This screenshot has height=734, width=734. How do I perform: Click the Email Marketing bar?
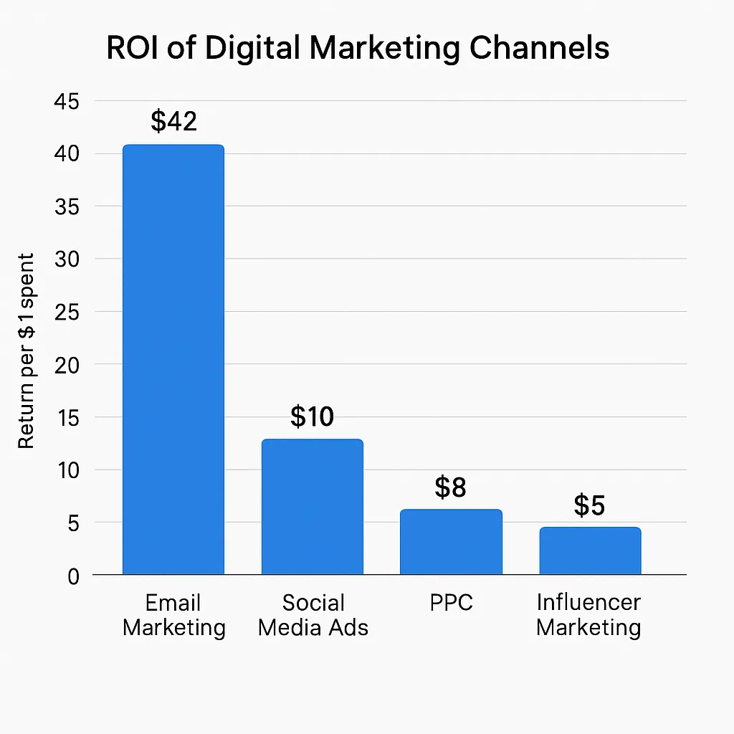click(173, 358)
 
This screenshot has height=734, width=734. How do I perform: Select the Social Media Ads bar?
click(313, 507)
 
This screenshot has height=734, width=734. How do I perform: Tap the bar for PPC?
click(451, 542)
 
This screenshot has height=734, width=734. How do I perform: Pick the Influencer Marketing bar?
click(590, 550)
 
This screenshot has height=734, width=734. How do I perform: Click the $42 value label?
click(173, 121)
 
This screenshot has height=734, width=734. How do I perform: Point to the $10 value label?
click(313, 416)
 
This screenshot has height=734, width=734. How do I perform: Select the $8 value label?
click(451, 487)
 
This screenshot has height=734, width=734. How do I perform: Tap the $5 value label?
click(590, 505)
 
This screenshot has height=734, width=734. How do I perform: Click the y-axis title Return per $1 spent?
click(27, 351)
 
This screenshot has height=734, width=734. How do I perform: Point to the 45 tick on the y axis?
click(67, 101)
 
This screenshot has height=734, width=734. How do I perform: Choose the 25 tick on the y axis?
click(67, 312)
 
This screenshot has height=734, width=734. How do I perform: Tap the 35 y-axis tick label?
click(67, 206)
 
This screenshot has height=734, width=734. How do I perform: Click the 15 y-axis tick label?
click(67, 417)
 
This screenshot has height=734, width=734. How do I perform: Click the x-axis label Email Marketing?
click(173, 615)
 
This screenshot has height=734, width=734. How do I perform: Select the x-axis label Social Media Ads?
click(313, 615)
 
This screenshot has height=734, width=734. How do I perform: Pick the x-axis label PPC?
click(451, 603)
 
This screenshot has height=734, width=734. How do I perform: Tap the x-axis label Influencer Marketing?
click(588, 615)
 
